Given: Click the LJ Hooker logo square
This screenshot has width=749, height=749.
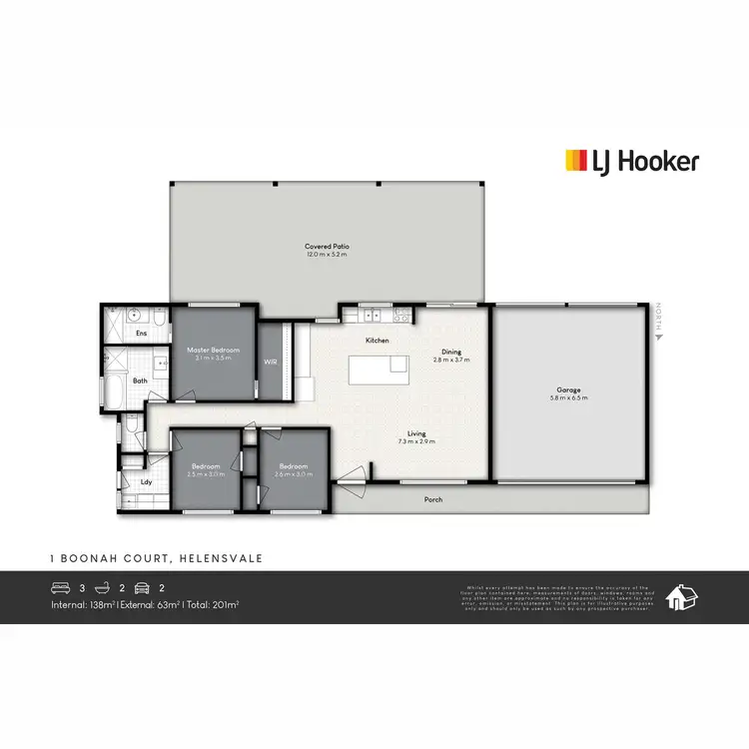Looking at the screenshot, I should coord(576,161).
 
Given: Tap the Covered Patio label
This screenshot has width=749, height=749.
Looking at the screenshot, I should coord(327,246).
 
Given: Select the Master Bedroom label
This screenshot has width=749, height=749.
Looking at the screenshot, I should coord(214,350).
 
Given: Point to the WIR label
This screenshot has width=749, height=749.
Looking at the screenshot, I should coord(270,361).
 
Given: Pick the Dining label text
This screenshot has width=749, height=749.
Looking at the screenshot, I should coord(451,352).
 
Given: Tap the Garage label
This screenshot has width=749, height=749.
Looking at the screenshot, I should coord(569,389).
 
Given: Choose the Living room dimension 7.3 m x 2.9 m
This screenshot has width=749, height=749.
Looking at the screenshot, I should coord(416,441).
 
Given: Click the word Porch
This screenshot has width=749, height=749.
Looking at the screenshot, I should coord(433,499).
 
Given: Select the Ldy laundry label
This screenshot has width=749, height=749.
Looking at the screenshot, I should coord(146,483).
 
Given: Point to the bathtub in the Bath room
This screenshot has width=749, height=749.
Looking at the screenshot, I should coord(111,392).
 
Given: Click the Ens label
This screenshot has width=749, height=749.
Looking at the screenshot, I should coord(141,333).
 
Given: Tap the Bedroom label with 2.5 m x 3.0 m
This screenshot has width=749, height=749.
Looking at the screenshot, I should coord(206,466).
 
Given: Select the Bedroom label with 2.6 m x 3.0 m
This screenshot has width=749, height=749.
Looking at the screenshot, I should coord(293,466).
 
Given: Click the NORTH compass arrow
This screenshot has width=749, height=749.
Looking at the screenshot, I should coord(658,337).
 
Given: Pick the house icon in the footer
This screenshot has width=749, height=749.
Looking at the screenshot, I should coord(682,596).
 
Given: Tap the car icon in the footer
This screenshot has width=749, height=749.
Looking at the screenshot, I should coord(141,588).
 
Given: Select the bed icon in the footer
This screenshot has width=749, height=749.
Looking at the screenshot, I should coord(61,588).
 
